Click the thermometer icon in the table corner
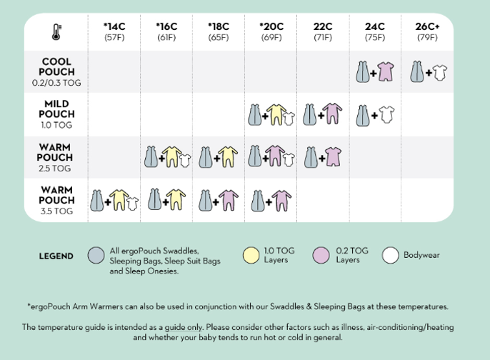click(x=56, y=32)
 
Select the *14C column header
click(x=114, y=31)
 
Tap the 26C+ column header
click(x=427, y=31)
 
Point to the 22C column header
click(x=323, y=31)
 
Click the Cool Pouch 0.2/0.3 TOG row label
click(x=56, y=72)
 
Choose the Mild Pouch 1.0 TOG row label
click(x=56, y=114)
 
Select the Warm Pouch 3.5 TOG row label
click(x=56, y=200)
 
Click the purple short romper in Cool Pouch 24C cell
click(x=386, y=71)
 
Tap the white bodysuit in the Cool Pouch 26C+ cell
click(x=440, y=73)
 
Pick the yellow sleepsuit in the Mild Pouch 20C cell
click(x=276, y=114)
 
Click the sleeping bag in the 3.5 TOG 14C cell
click(x=97, y=200)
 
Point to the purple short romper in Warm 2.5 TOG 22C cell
click(x=333, y=156)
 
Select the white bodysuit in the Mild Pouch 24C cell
click(x=386, y=115)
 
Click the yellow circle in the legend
click(x=251, y=255)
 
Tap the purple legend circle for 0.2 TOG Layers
click(x=321, y=255)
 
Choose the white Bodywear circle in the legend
click(x=390, y=255)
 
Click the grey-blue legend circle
click(x=96, y=255)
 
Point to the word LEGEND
click(x=56, y=256)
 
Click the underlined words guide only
click(x=184, y=327)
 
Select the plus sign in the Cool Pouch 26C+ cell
click(x=429, y=73)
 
